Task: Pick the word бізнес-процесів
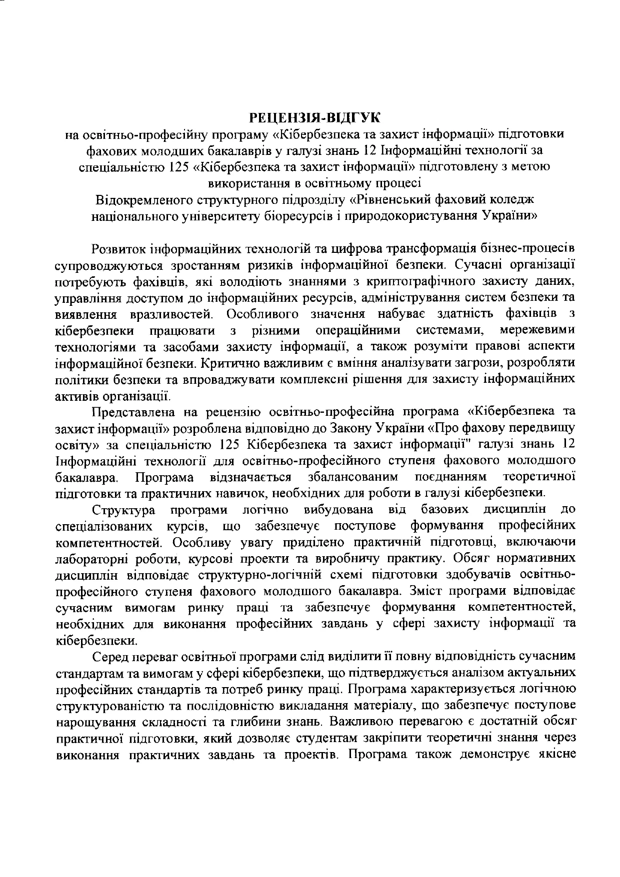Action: pyautogui.click(x=531, y=248)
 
